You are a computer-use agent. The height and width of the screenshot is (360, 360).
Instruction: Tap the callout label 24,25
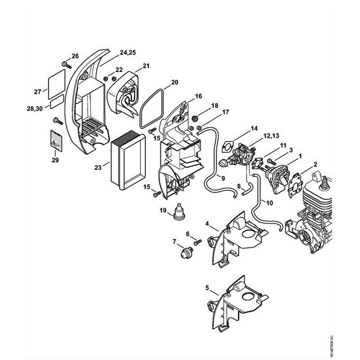[127, 53]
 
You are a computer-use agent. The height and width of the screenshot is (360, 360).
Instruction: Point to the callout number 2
[315, 164]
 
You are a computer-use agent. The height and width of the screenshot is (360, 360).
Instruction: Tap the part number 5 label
[207, 288]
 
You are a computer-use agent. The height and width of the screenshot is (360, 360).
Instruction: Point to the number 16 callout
[198, 97]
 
